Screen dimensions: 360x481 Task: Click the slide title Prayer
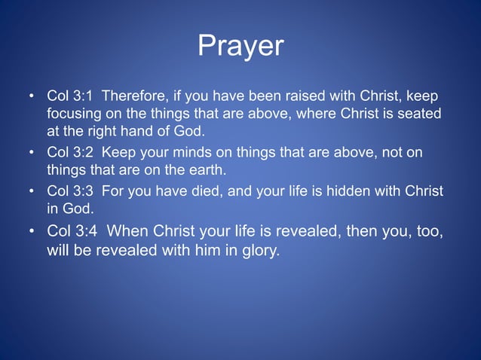pyautogui.click(x=240, y=47)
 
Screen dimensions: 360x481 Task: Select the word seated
pyautogui.click(x=421, y=115)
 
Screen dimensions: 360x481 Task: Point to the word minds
pyautogui.click(x=187, y=152)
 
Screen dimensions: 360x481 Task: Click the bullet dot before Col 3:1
pyautogui.click(x=32, y=98)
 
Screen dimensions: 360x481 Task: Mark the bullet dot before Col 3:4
pyautogui.click(x=32, y=231)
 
